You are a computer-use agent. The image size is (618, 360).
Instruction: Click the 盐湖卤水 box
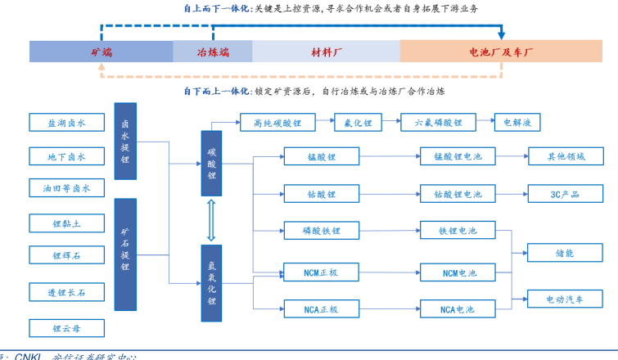[67, 123]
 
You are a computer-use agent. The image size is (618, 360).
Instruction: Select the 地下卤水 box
[67, 156]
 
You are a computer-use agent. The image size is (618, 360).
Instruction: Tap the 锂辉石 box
[67, 255]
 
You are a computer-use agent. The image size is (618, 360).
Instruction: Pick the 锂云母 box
[67, 329]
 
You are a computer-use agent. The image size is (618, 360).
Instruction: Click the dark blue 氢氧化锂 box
[211, 281]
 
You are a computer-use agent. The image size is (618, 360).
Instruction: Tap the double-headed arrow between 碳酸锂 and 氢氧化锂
[211, 220]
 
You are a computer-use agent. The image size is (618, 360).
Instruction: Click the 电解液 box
[517, 123]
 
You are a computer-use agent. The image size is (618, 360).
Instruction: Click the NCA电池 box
[458, 309]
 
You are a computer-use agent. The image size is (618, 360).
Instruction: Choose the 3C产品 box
[565, 194]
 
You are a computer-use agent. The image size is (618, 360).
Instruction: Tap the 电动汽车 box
[565, 299]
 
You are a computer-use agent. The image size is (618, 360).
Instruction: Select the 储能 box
[565, 253]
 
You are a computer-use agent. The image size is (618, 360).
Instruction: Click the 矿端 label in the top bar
[101, 52]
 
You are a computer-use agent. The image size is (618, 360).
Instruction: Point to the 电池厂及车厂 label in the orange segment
[501, 52]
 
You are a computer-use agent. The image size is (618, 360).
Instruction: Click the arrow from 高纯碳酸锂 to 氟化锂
[324, 123]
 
